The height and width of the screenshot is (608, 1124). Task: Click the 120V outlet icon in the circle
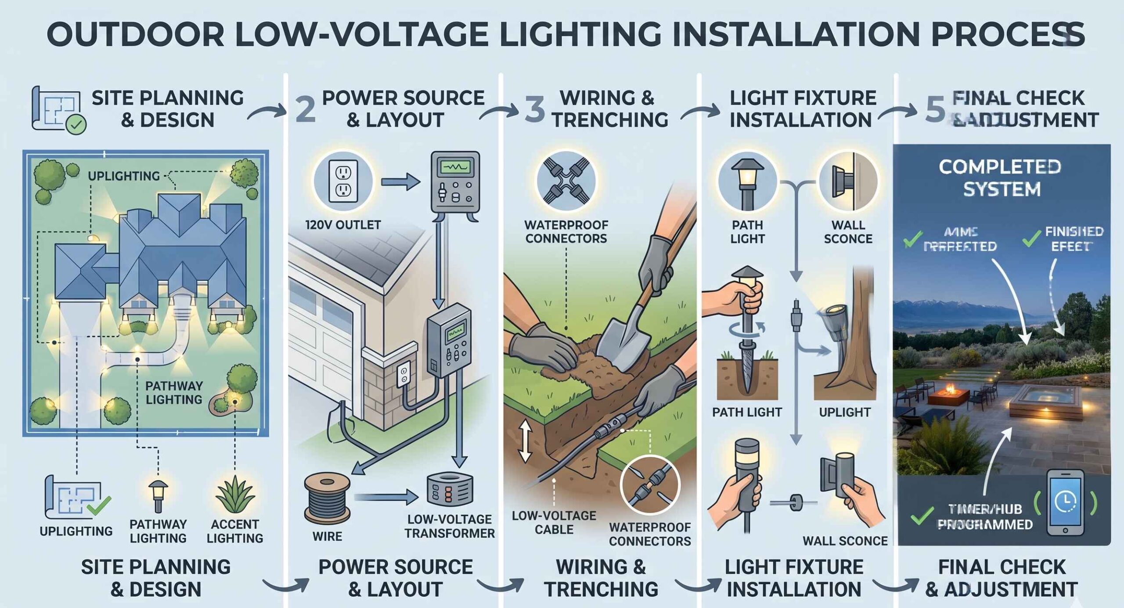coord(343,181)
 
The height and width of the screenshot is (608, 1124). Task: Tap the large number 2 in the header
coord(306,109)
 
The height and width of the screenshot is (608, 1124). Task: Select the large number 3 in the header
coord(534,109)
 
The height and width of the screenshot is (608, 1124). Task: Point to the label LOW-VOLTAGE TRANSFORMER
coord(449,526)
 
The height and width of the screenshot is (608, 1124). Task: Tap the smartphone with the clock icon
coord(1065,502)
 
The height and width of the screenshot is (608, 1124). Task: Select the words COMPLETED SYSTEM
coord(1001,178)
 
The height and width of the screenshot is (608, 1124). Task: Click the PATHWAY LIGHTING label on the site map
coord(174,392)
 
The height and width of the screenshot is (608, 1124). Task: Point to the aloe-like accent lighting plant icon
coord(235,496)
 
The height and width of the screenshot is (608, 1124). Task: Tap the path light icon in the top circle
coord(747,181)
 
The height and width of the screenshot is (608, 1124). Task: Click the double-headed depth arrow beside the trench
coord(526,441)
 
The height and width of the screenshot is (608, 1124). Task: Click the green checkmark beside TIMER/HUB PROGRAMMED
coord(922,516)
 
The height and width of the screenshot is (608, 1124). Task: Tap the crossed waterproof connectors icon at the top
coord(566,181)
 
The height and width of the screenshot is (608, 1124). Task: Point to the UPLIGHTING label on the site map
coord(124,176)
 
